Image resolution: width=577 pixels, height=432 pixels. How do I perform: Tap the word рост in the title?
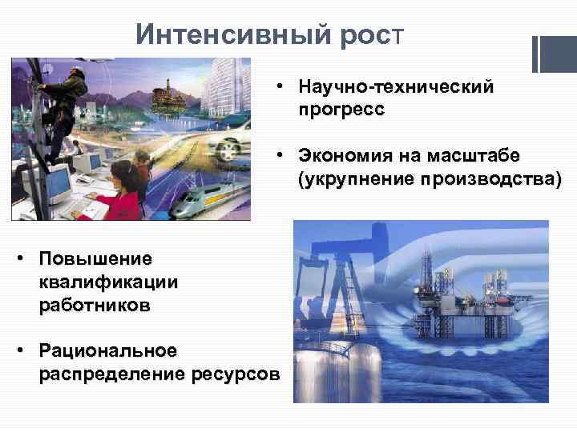tap(373, 34)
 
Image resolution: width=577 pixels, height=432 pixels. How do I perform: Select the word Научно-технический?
tap(395, 86)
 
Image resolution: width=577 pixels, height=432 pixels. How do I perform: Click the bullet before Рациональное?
tap(23, 350)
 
